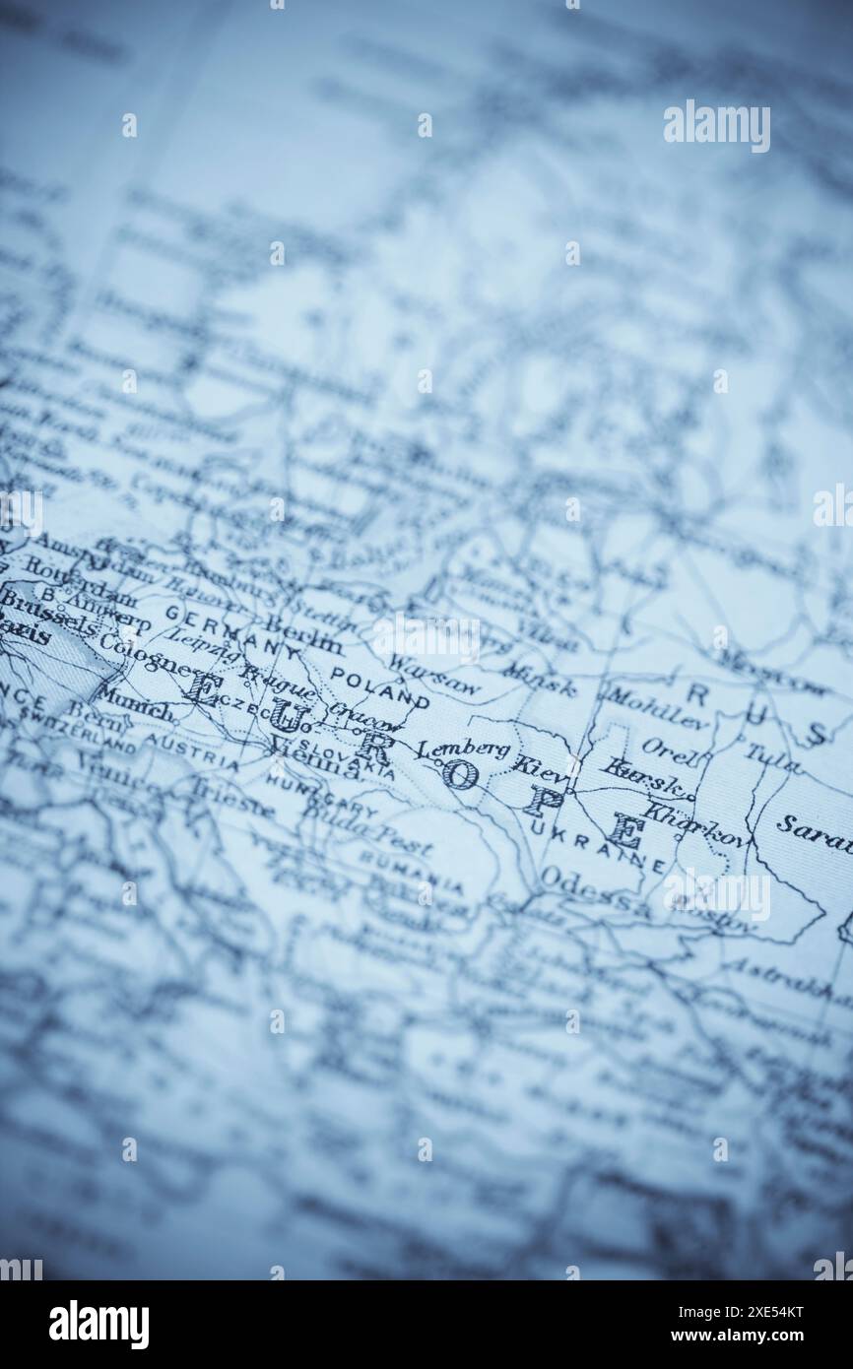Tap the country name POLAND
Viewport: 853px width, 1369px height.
coord(378,686)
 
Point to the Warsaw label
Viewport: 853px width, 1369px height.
coord(432,675)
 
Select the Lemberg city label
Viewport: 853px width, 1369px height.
coord(463,749)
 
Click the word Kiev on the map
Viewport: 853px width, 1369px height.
coord(541,765)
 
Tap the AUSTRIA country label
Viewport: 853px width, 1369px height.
coord(191,750)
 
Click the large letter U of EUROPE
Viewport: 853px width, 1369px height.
coord(286,714)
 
